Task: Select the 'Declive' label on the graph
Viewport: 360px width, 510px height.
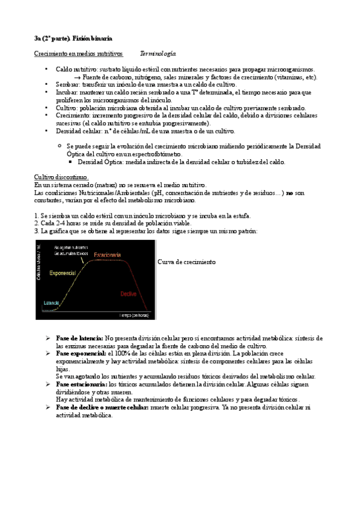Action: click(x=129, y=293)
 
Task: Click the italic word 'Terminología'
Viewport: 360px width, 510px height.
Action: click(x=157, y=54)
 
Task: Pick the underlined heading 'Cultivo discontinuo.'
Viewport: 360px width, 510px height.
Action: click(x=61, y=177)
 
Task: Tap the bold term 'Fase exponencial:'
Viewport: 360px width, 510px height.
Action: click(x=81, y=354)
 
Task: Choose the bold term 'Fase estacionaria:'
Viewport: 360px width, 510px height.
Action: click(x=81, y=384)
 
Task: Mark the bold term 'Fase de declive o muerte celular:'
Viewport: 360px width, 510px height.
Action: click(x=102, y=407)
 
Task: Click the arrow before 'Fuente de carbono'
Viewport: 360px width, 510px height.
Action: click(x=78, y=78)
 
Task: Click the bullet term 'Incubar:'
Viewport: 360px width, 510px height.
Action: click(x=67, y=93)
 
